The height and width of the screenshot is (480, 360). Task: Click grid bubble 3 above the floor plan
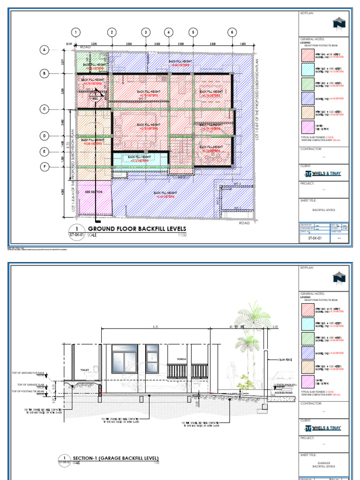(146, 32)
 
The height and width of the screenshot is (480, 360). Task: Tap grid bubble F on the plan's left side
(45, 166)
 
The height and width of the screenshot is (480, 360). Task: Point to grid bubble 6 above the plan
(232, 32)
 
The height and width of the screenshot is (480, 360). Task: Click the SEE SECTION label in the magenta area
(93, 192)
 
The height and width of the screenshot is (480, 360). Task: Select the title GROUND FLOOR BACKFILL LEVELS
(137, 229)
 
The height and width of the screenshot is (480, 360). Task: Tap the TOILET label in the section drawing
(84, 370)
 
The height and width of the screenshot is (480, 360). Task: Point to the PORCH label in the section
(182, 360)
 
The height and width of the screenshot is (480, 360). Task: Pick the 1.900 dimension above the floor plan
(242, 44)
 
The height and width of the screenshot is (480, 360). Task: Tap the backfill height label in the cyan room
(139, 158)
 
